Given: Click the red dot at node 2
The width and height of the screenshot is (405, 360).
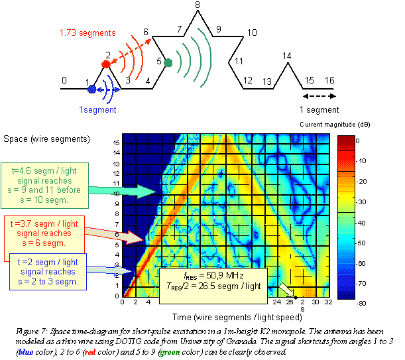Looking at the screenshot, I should tap(105, 64).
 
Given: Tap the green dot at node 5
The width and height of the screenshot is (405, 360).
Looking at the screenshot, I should tap(168, 63).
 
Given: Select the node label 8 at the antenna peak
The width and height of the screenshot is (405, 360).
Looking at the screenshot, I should tap(197, 5).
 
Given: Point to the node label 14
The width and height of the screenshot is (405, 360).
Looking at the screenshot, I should tap(286, 56).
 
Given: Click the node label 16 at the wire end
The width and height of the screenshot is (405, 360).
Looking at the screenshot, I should tap(329, 81).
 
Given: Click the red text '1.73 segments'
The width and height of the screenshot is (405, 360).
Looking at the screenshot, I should tap(86, 32).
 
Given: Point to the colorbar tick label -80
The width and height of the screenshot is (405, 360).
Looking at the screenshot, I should tap(357, 302).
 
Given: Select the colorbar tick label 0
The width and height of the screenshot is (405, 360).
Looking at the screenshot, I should tap(356, 141).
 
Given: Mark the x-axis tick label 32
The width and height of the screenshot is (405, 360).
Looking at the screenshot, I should tap(327, 302).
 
